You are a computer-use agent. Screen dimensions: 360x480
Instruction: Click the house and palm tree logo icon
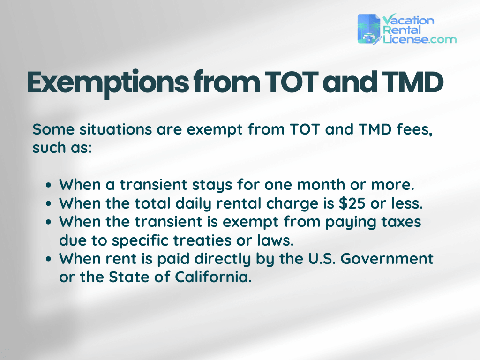[x=369, y=29]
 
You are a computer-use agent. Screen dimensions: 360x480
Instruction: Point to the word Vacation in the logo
[x=408, y=20]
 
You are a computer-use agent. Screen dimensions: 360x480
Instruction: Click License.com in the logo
[x=419, y=39]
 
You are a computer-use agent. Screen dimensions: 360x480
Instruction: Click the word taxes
[x=400, y=221]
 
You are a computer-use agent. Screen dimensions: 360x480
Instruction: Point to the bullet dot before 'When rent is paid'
[x=49, y=259]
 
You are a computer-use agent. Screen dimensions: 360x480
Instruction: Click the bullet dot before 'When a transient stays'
[x=49, y=185]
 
